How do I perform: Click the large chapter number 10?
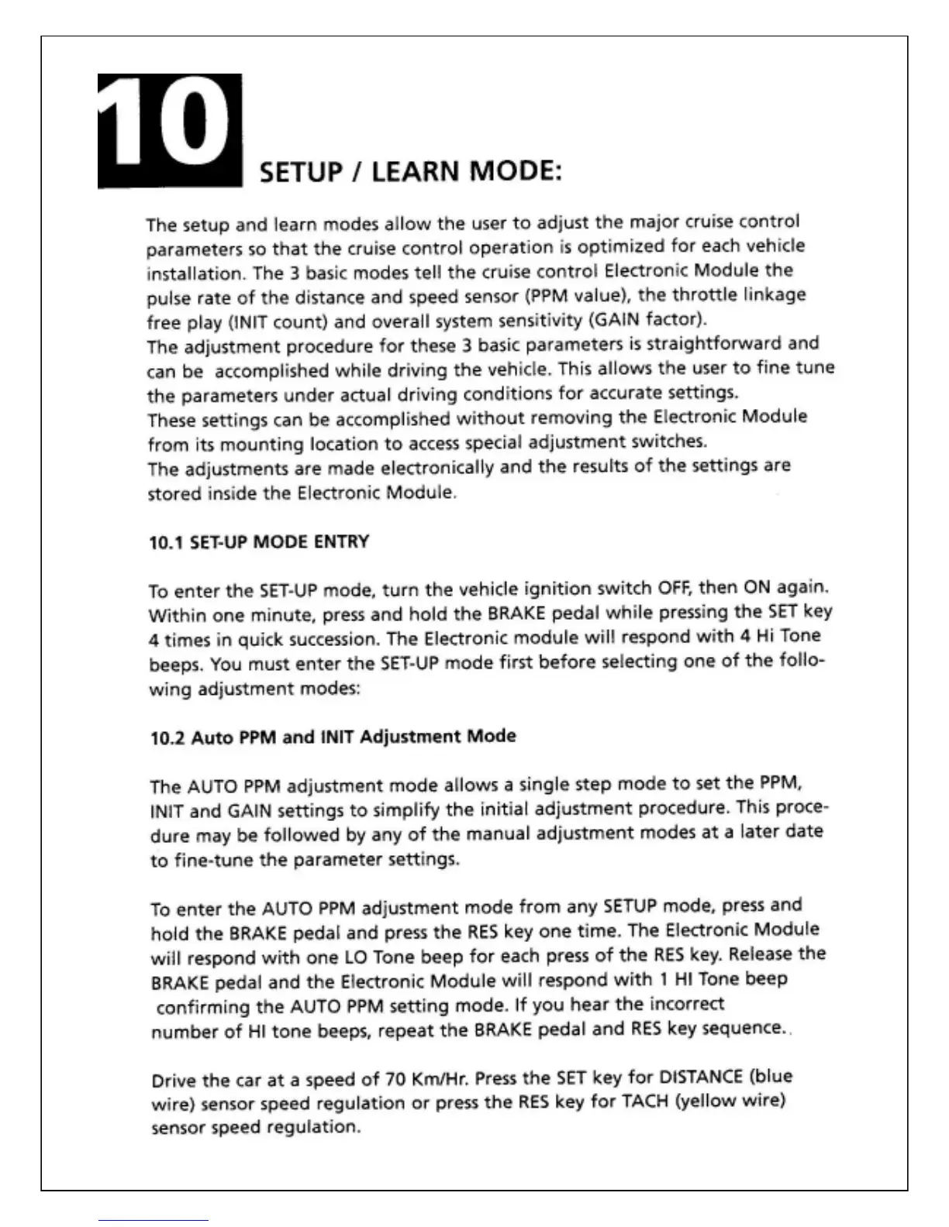coord(169,130)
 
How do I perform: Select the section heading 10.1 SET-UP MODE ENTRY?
coord(258,541)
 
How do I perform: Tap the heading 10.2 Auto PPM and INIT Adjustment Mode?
coord(333,737)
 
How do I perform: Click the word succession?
coord(340,640)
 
